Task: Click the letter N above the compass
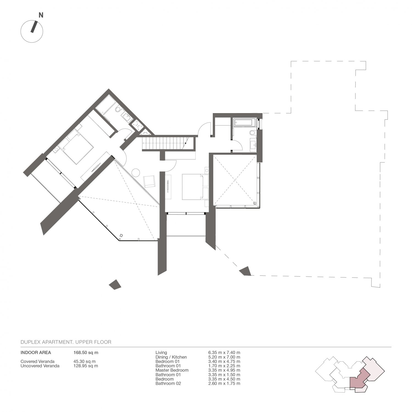point(41,15)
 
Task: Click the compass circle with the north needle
point(32,31)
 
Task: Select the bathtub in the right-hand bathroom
point(244,123)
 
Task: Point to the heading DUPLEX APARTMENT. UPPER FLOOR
point(66,342)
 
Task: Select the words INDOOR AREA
point(36,352)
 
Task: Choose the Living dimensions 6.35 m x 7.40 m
point(224,353)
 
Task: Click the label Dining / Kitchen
point(171,357)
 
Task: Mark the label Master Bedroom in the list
point(172,370)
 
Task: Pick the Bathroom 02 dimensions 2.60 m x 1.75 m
point(224,383)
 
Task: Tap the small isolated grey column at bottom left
point(115,285)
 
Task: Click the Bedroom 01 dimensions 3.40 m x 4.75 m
point(224,361)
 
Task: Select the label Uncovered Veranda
point(40,366)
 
